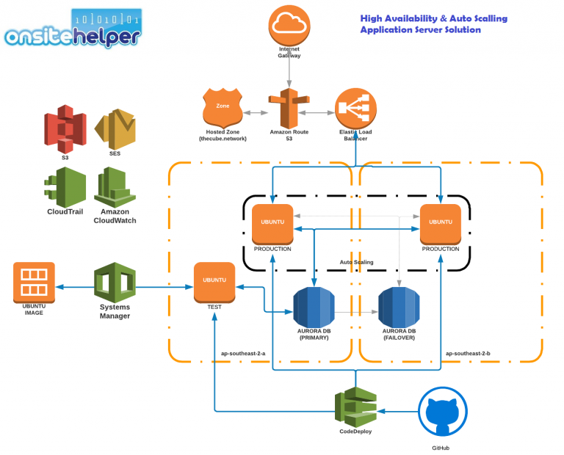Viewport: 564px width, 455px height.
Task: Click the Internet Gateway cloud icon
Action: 289,25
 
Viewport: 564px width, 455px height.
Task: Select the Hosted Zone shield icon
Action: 222,109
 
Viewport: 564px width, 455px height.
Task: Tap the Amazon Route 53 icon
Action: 289,109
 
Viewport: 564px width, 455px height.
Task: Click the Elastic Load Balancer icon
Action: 356,109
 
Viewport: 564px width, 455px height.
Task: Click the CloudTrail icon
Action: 65,186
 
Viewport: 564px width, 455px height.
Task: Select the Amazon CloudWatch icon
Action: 115,186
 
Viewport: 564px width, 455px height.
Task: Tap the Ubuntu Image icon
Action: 34,283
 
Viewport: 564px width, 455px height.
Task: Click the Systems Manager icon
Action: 115,283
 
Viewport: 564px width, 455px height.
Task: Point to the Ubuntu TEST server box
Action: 214,282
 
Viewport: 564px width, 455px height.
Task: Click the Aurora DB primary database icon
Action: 314,307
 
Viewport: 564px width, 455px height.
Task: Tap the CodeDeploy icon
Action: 355,407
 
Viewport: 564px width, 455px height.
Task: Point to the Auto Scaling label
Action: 356,261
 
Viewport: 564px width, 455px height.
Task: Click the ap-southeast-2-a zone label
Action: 243,353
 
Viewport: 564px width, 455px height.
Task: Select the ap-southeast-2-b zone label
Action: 467,353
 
